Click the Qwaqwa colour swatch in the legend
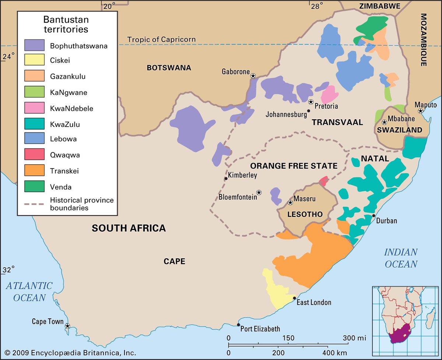34,155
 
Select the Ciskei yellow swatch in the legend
34,61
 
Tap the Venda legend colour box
34,187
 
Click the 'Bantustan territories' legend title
66,24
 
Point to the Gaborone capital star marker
253,76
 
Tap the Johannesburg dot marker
309,110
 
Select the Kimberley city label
242,175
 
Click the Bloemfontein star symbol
259,192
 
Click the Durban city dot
373,216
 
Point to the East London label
314,303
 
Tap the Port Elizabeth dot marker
239,325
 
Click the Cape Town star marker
67,326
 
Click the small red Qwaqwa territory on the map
323,181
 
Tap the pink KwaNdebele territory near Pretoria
329,95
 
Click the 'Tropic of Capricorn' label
161,39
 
